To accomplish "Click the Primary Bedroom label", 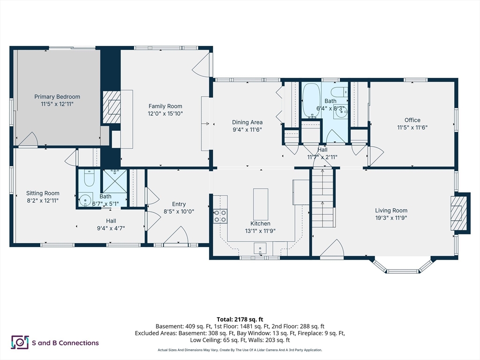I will [57, 97].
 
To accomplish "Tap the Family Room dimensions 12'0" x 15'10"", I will [165, 113].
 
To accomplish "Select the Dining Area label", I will [247, 122].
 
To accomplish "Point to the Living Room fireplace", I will [459, 213].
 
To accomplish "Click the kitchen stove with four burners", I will [220, 216].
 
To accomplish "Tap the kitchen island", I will [261, 204].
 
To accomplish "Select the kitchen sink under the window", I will [261, 247].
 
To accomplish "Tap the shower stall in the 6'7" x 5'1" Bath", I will [115, 181].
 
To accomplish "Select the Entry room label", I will [179, 204].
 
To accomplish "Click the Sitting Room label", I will [43, 193].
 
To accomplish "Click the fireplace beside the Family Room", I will [111, 107].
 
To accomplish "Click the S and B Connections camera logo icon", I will [20, 343].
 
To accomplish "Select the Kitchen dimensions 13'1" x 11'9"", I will [260, 231].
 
